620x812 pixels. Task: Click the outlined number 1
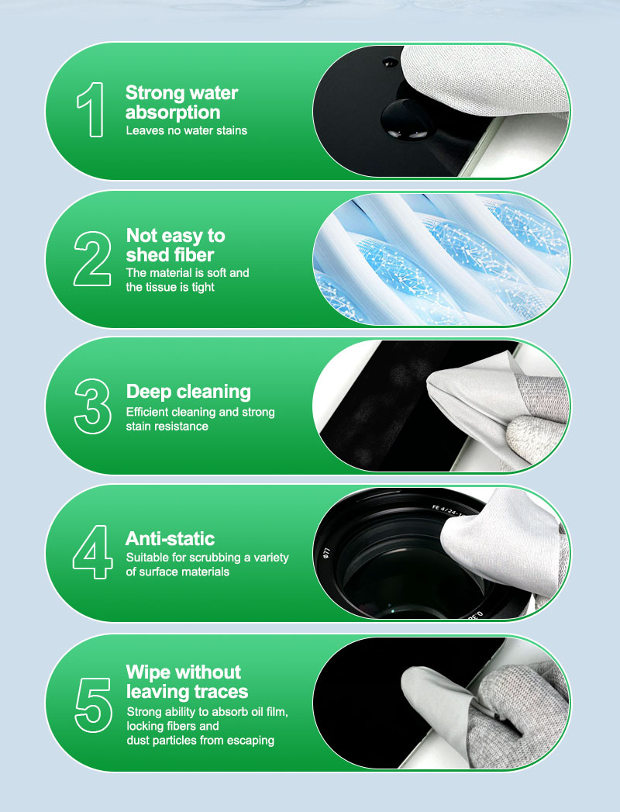[x=93, y=110]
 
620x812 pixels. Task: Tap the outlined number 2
[x=92, y=258]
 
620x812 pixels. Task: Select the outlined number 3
[x=93, y=406]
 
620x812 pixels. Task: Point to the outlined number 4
[x=93, y=552]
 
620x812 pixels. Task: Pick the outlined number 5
[x=93, y=705]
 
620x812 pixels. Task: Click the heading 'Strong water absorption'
[x=181, y=102]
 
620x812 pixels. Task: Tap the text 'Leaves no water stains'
[x=186, y=130]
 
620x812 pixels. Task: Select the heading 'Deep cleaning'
[x=188, y=392]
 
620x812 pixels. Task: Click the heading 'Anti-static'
[x=170, y=538]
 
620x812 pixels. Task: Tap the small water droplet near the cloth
[x=390, y=63]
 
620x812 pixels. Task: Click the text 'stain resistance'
[x=167, y=427]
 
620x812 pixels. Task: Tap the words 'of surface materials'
[x=177, y=572]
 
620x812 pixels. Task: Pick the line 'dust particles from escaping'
[x=200, y=741]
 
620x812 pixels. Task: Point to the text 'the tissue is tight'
[x=170, y=287]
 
